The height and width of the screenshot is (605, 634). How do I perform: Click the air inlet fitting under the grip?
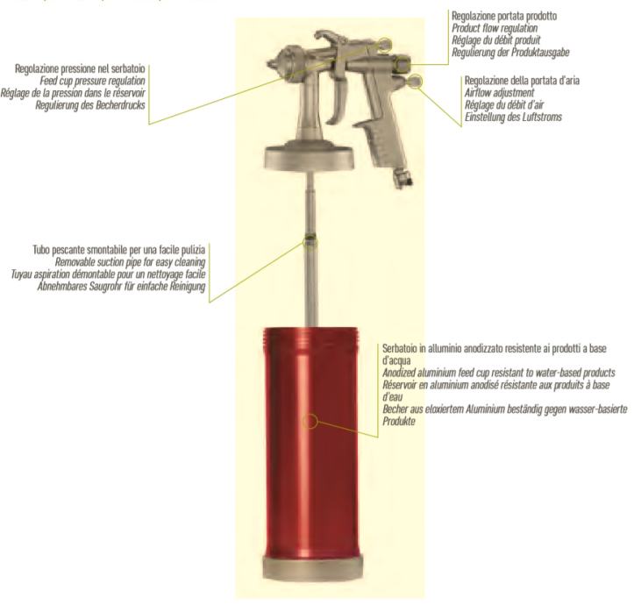403,178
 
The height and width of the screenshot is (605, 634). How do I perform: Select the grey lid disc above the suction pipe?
310,158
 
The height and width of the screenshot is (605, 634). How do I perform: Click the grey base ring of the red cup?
312,567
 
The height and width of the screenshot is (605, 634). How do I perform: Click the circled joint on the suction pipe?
310,241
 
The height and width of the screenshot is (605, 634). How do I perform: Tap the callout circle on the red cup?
310,422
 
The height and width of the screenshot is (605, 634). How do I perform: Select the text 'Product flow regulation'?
495,28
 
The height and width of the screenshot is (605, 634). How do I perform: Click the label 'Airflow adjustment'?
499,93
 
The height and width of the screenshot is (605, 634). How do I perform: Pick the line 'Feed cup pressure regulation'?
92,81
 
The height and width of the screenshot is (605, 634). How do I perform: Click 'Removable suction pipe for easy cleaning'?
130,262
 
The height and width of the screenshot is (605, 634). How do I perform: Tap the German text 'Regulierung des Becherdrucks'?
90,105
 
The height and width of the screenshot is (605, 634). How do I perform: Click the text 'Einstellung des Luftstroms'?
513,117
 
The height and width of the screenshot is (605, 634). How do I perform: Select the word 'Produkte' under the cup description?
399,422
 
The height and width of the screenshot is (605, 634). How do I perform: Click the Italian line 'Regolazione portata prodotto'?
504,16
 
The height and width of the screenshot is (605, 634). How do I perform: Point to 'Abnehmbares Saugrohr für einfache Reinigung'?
121,287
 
